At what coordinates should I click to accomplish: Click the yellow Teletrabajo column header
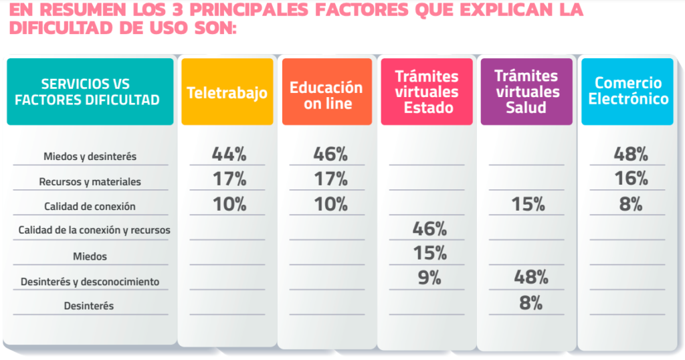click(x=227, y=92)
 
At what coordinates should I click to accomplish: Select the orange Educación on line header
click(x=326, y=95)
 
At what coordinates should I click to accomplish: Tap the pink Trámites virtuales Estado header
click(x=427, y=92)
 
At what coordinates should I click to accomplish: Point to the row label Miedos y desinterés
click(x=90, y=157)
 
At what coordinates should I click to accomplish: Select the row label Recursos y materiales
click(x=90, y=181)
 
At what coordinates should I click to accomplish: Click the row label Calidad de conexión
click(x=90, y=206)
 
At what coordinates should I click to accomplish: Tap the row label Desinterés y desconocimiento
click(x=90, y=282)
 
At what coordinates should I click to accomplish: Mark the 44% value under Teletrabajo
click(x=229, y=154)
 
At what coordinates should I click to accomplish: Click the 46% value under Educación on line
click(x=330, y=154)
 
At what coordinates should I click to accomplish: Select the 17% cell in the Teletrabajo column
click(x=229, y=179)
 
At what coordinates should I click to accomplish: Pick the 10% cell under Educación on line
click(x=330, y=204)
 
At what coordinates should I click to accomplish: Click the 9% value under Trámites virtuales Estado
click(x=429, y=277)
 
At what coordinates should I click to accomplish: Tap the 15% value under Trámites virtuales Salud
click(x=528, y=204)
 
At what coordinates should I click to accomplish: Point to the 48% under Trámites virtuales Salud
click(x=530, y=277)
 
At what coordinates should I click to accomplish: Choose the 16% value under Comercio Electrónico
click(x=631, y=179)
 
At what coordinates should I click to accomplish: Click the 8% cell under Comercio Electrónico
click(x=631, y=204)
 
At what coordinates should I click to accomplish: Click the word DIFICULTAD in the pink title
click(x=63, y=29)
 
